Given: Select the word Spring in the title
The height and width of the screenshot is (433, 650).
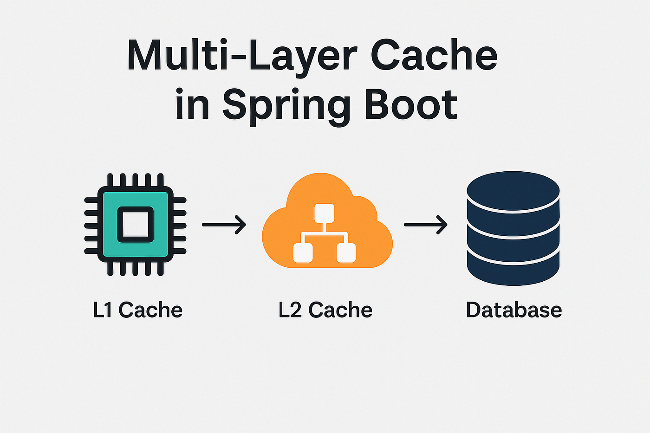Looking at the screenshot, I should (286, 106).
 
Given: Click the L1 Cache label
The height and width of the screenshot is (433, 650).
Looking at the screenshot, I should (138, 310).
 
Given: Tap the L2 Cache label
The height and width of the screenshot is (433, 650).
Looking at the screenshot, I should (325, 310).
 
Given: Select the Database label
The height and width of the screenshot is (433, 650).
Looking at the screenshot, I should (514, 310).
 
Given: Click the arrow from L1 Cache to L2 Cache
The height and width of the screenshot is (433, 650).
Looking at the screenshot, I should (224, 225).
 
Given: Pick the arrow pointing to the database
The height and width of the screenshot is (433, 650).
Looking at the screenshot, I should (425, 225).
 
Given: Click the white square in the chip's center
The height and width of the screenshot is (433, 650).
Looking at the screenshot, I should (135, 225).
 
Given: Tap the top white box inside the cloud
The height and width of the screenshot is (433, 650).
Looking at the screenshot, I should (325, 213).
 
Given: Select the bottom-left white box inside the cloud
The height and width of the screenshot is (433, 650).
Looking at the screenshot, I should (303, 253).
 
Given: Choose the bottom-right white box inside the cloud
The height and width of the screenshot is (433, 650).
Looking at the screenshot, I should (346, 253).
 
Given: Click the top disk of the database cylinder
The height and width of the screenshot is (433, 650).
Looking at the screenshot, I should (513, 190).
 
